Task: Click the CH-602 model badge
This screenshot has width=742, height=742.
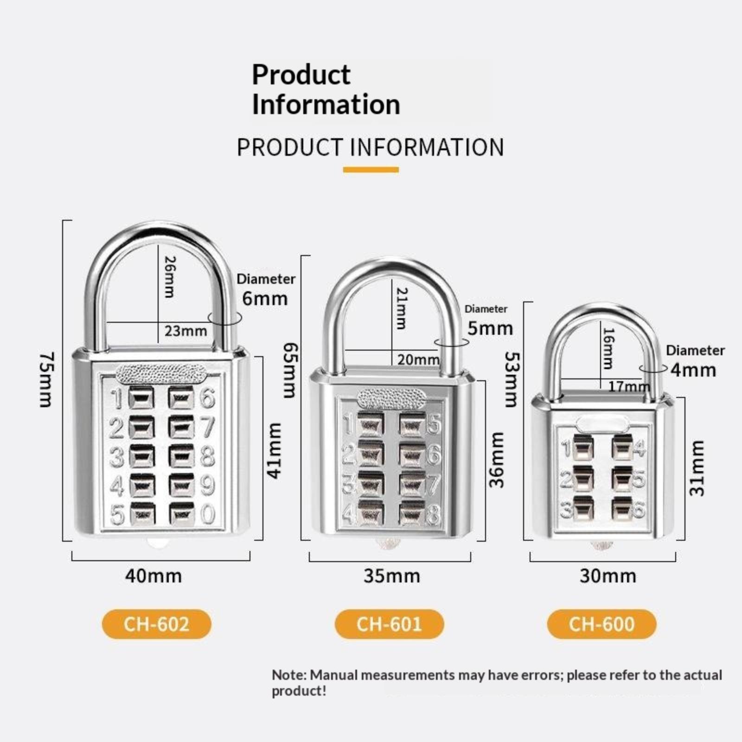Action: (x=156, y=624)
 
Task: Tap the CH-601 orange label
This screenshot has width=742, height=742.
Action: (x=389, y=624)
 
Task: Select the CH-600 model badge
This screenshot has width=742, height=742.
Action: (x=601, y=624)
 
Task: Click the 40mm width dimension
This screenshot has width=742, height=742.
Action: (x=154, y=576)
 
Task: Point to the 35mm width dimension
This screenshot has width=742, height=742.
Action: (x=392, y=576)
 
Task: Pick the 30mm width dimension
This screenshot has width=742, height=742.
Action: (x=608, y=576)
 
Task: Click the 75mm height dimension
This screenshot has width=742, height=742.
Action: (x=47, y=380)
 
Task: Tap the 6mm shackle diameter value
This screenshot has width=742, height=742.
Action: (x=265, y=298)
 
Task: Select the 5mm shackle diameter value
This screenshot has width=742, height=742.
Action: (x=490, y=328)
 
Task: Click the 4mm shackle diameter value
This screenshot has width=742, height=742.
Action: (x=693, y=370)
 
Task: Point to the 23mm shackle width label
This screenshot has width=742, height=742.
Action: (x=185, y=331)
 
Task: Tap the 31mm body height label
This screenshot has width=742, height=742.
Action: (x=697, y=468)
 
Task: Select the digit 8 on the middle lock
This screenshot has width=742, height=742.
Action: (x=433, y=515)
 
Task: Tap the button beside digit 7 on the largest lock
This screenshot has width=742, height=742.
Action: (x=181, y=427)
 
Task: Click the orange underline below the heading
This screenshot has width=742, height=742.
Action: (x=371, y=170)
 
